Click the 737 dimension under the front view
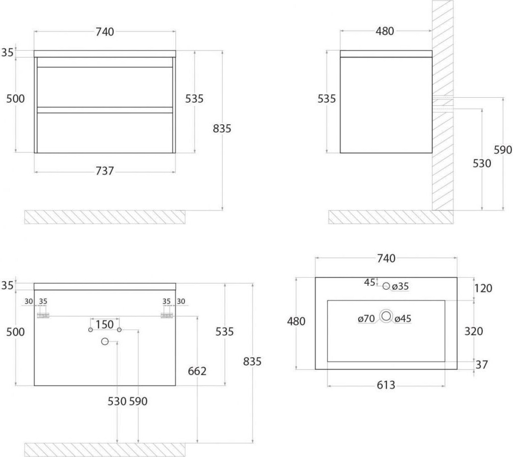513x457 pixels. click(x=105, y=171)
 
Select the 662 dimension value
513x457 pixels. click(x=197, y=371)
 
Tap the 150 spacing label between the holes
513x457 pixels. click(x=105, y=325)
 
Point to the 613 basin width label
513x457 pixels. click(x=386, y=385)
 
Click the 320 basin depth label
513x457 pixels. click(x=474, y=331)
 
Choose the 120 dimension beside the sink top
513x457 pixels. click(x=483, y=288)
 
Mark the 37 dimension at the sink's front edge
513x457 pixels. click(x=482, y=364)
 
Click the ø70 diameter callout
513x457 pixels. click(x=366, y=318)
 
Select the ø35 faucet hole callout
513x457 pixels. click(x=401, y=286)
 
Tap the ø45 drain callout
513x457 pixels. click(x=403, y=318)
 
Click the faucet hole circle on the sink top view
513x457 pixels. click(x=386, y=286)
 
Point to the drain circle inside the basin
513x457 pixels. click(x=386, y=316)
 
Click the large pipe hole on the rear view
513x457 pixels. click(x=105, y=342)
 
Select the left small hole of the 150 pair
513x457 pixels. click(x=90, y=330)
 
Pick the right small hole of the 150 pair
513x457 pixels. click(x=119, y=330)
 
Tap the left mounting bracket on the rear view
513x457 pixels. click(x=43, y=316)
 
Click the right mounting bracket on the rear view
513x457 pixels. click(x=167, y=316)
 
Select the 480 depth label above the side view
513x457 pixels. click(x=385, y=31)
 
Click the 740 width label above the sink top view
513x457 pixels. click(x=386, y=259)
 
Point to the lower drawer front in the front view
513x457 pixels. click(x=105, y=133)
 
